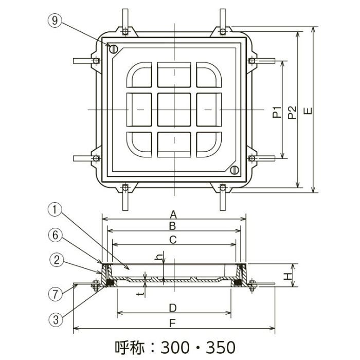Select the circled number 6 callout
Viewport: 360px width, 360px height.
(x=57, y=235)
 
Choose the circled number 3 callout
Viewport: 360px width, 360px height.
(x=57, y=319)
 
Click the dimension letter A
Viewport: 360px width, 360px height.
(x=174, y=214)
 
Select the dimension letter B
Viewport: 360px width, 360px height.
(x=174, y=226)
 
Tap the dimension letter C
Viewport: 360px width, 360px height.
(x=174, y=239)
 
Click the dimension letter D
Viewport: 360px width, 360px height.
(x=174, y=308)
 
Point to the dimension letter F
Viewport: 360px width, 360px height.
(x=174, y=324)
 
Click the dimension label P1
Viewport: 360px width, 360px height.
(x=277, y=111)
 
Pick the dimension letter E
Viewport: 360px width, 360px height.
(x=308, y=111)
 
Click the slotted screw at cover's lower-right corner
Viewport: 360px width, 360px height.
(x=235, y=170)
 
